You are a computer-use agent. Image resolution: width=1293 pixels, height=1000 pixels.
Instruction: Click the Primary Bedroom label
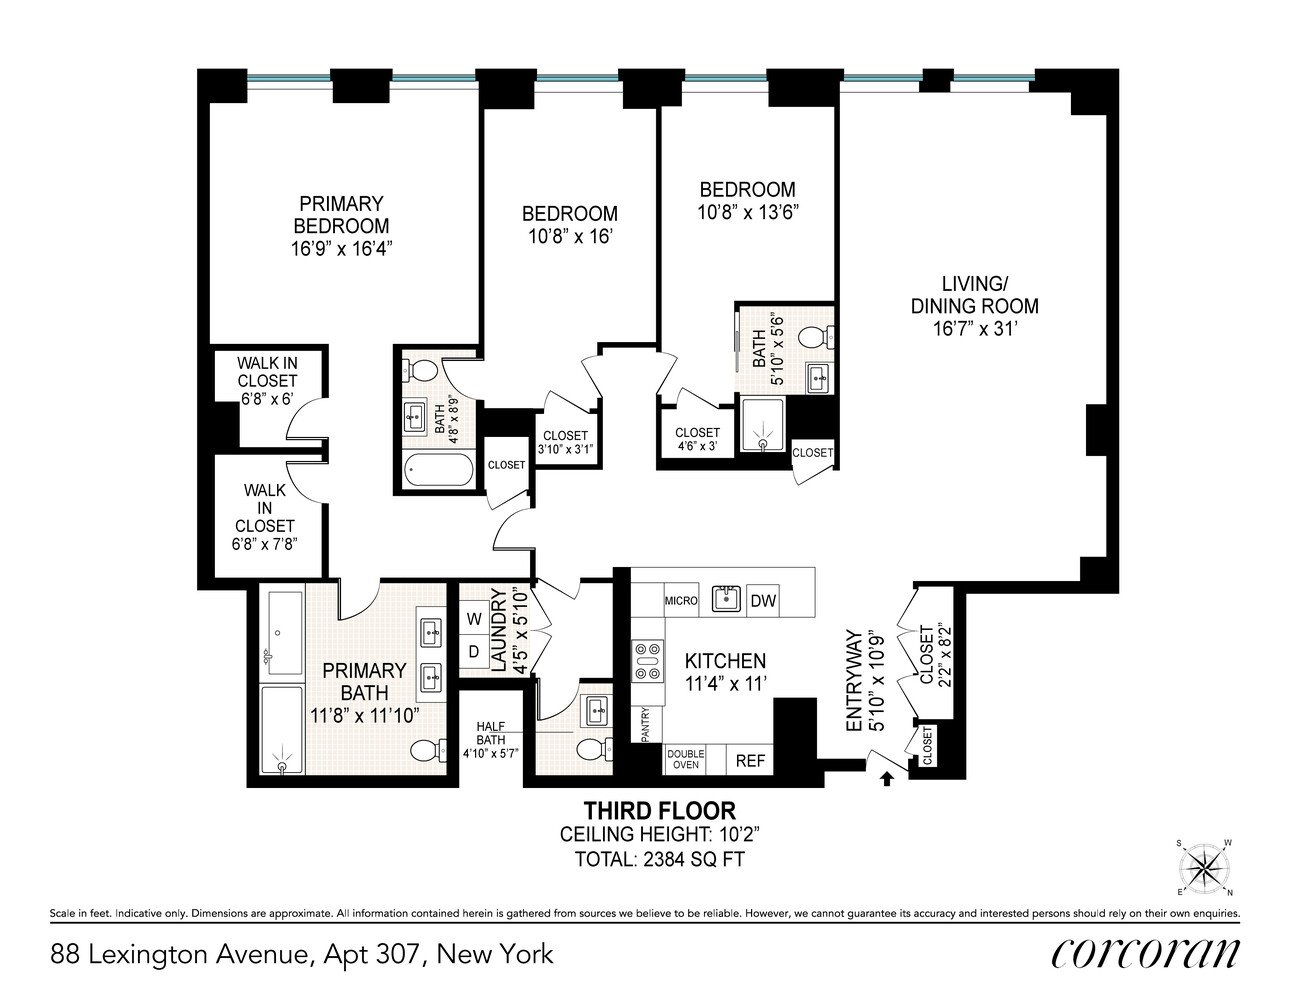341,215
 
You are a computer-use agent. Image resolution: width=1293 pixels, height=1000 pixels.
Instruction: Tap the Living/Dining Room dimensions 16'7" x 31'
973,328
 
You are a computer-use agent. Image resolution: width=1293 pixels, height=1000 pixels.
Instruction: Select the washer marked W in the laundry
473,619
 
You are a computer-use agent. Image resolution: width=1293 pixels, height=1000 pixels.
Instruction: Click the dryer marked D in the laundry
473,651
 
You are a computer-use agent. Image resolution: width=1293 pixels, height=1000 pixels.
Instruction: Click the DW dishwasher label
763,601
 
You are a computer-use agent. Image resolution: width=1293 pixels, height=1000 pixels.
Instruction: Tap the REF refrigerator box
750,761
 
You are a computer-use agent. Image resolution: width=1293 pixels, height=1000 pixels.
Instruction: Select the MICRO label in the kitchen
680,601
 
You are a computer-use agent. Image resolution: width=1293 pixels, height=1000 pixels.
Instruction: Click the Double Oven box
685,760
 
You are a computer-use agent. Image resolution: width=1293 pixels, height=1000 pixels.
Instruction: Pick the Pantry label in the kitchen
646,725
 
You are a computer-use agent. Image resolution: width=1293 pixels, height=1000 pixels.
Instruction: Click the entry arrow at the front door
885,776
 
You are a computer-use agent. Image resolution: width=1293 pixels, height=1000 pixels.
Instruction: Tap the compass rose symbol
1203,866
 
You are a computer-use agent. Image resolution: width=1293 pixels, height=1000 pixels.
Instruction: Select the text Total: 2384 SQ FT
659,859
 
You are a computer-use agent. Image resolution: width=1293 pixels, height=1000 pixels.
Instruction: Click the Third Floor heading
659,811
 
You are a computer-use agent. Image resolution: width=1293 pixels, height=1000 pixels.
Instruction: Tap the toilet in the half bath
591,748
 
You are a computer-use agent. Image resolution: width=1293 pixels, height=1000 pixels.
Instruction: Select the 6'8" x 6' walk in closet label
267,381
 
